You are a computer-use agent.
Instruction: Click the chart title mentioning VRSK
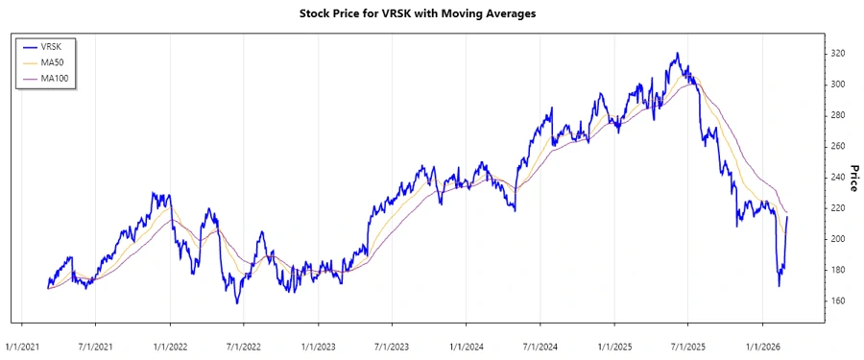[x=431, y=15]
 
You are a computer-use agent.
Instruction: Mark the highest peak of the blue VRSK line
[x=677, y=54]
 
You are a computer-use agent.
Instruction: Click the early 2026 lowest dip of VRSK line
[x=779, y=285]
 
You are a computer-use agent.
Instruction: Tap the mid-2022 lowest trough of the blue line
[x=237, y=303]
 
